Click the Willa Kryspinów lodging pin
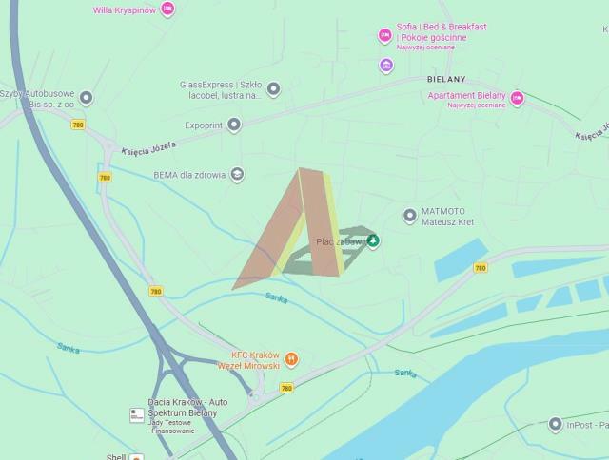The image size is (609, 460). point(167,10)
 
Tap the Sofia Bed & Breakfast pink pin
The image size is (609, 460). point(385,35)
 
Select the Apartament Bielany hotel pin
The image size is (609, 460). point(518,98)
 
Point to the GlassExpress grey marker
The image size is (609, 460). point(273,89)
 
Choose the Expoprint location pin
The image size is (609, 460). point(234,125)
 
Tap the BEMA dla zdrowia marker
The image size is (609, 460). point(237,174)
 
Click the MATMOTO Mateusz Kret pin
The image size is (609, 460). point(410,215)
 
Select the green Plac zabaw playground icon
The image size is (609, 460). point(373,241)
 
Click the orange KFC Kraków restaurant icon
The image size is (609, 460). point(291,359)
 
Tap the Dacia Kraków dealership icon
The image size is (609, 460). point(137,414)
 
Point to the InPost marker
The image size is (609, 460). point(556,424)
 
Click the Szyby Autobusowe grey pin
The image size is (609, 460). point(87,98)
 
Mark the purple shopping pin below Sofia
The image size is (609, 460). point(385,65)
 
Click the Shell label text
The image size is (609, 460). point(116,456)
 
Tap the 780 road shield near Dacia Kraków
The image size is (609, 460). point(286,388)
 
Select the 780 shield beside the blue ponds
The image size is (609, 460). point(480,268)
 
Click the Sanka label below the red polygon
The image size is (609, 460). point(277,298)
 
